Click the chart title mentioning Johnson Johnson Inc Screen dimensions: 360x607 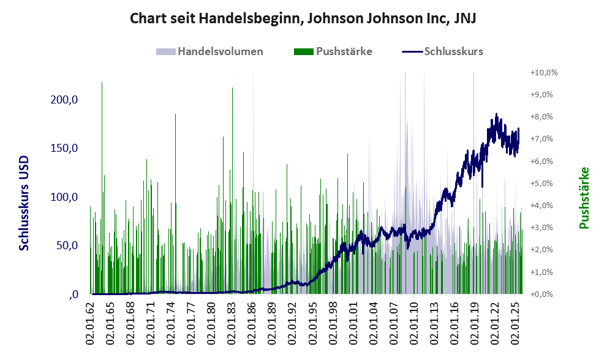point(303,19)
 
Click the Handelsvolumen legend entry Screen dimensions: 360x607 point(220,51)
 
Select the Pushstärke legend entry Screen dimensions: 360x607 point(344,51)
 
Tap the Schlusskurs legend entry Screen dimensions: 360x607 point(453,51)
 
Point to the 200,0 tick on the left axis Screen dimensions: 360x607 point(64,100)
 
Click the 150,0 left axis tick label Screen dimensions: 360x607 point(64,149)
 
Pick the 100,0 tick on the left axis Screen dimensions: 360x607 point(64,197)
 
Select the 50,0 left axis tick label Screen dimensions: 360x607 point(67,246)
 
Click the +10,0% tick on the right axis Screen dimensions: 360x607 point(544,73)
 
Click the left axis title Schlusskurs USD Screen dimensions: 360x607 point(25,203)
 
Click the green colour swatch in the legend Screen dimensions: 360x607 point(304,51)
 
